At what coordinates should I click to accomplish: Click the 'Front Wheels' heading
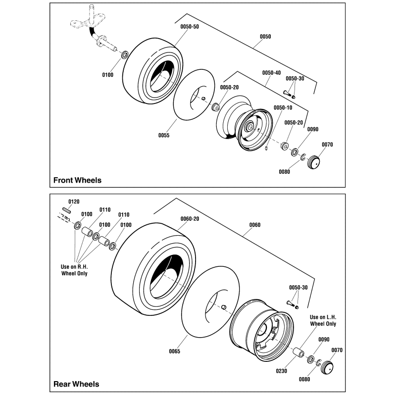pos(77,180)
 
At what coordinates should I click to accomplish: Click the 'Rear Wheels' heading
pos(76,384)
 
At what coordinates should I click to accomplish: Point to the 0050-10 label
pos(283,108)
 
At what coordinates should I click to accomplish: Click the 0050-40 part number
pos(271,72)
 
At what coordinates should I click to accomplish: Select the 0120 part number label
pos(73,202)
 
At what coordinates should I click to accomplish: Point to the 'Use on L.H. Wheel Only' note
pos(323,320)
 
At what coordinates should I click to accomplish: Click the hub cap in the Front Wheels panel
pos(313,162)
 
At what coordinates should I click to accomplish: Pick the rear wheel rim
pos(262,333)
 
